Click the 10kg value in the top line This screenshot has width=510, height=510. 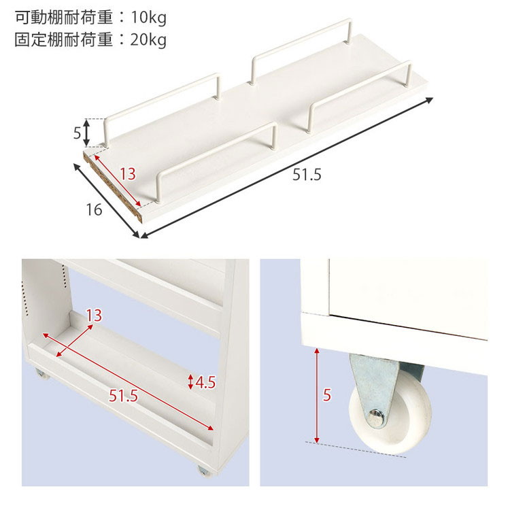tap(149, 18)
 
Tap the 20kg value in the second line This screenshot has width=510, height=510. tap(149, 39)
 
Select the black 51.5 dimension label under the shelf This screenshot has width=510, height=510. tap(307, 175)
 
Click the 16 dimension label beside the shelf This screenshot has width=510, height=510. tap(94, 210)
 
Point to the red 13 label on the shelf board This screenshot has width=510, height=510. tap(128, 174)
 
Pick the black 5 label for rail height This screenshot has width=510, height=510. tap(77, 133)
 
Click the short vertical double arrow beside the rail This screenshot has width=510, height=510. tap(86, 133)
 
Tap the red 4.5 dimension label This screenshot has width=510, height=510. tap(205, 382)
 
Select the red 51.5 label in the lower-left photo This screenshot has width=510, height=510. tap(123, 396)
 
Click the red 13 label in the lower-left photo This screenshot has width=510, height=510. tap(94, 315)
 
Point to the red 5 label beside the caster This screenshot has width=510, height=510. tap(327, 395)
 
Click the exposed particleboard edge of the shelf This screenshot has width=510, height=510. tap(113, 188)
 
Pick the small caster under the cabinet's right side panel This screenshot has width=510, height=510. tap(204, 471)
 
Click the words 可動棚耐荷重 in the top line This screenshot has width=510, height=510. tap(64, 18)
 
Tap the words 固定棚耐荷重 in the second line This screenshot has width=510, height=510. tap(64, 39)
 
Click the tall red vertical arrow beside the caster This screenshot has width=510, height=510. tap(317, 396)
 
